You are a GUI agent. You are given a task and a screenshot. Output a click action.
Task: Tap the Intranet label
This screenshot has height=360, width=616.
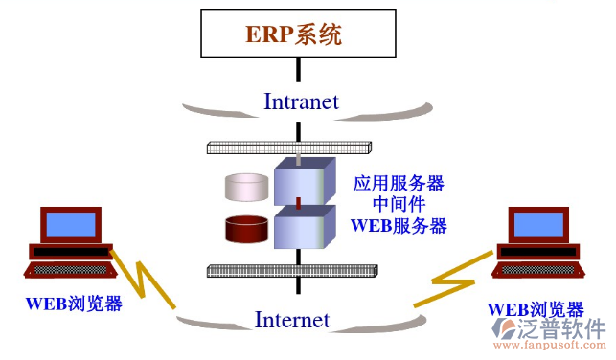[x=301, y=101]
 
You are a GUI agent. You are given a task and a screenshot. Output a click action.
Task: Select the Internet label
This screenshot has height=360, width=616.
[x=292, y=320]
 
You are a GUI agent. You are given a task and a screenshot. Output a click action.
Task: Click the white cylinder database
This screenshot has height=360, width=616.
[x=247, y=186]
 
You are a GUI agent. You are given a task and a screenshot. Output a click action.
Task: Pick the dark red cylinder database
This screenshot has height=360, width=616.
[x=247, y=229]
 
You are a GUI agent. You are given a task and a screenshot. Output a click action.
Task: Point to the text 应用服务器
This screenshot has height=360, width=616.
[x=399, y=183]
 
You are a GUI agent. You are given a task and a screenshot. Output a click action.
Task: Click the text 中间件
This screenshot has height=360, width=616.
[x=399, y=204]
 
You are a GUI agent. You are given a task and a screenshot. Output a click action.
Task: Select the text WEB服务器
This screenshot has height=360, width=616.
[x=399, y=226]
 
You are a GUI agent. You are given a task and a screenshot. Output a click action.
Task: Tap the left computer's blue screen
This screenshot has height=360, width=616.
[x=71, y=224]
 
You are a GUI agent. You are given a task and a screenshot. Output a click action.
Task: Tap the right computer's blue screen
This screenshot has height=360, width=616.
[x=540, y=224]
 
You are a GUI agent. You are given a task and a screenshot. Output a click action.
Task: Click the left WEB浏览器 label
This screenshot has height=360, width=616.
[x=74, y=304]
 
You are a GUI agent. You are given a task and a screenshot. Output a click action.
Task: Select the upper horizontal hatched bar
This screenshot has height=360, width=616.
[x=288, y=148]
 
